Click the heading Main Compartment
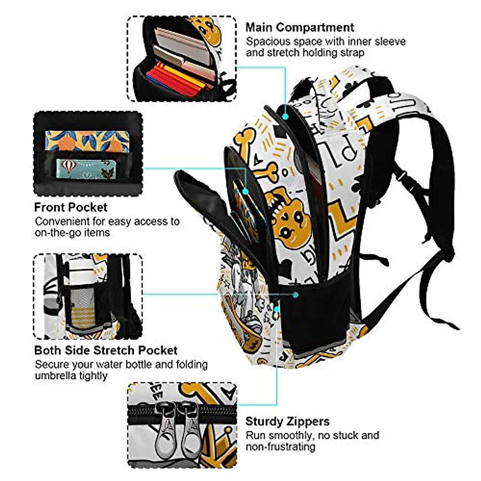[299, 27]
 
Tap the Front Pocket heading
[71, 207]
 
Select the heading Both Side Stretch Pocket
[105, 350]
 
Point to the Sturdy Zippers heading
[287, 421]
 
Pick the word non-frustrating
[280, 446]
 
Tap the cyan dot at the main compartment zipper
[285, 117]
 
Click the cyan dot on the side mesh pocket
[295, 295]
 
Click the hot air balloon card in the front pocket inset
[85, 168]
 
